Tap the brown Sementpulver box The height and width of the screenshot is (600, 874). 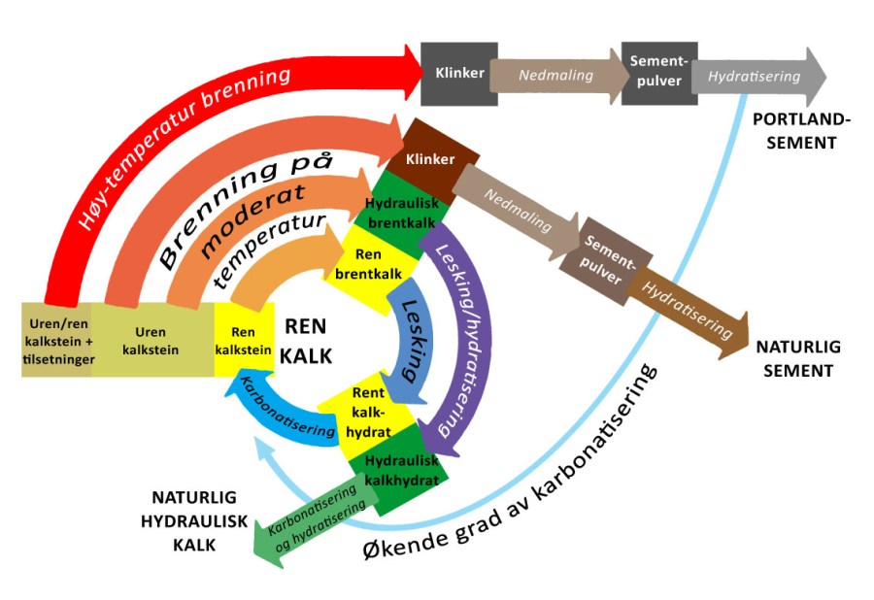pyautogui.click(x=609, y=255)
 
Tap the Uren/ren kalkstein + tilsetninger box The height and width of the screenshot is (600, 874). pyautogui.click(x=56, y=340)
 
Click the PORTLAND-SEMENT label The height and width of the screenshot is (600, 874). pyautogui.click(x=802, y=131)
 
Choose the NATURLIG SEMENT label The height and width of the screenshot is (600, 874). pyautogui.click(x=797, y=357)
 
